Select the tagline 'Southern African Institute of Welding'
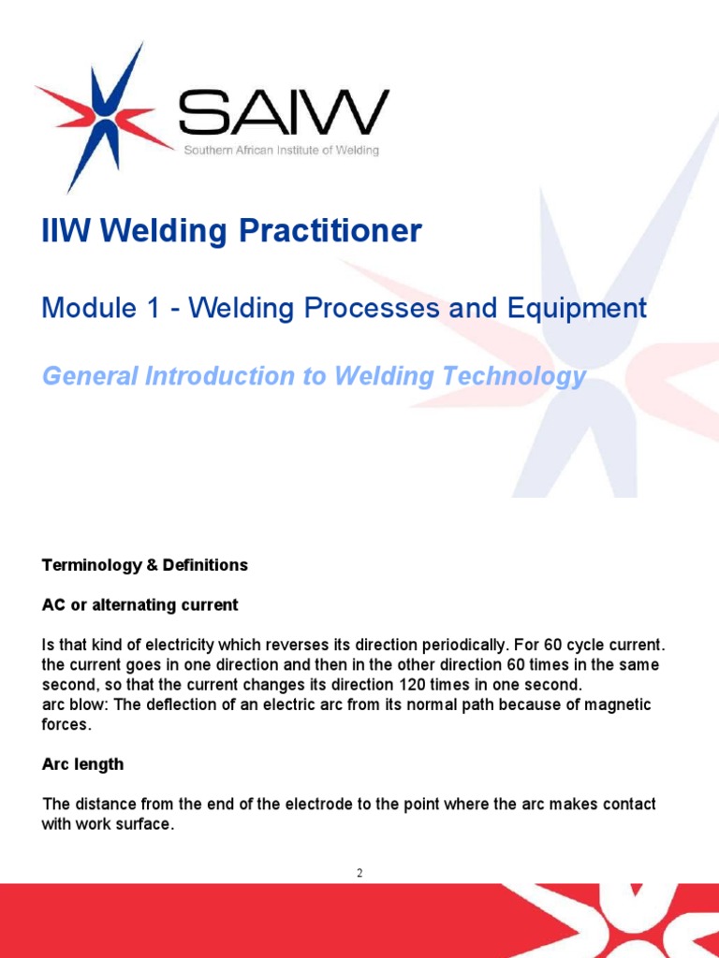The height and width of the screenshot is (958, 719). click(280, 152)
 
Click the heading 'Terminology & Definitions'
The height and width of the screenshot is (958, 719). click(145, 565)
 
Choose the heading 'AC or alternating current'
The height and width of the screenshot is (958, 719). click(140, 605)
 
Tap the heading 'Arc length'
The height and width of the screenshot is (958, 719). click(82, 764)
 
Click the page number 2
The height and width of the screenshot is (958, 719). click(359, 873)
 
